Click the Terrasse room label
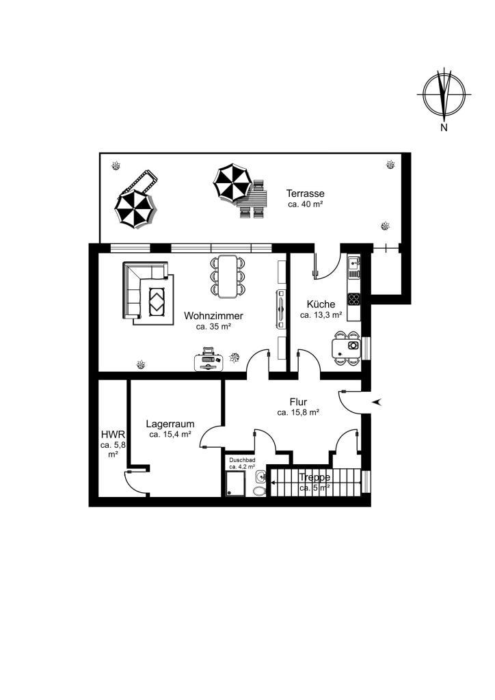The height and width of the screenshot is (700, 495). click(x=306, y=193)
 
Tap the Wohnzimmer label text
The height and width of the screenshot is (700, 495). click(x=213, y=316)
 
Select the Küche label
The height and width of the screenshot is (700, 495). click(x=321, y=304)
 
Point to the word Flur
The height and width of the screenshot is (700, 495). click(x=297, y=402)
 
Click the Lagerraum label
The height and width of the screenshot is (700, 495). click(x=170, y=424)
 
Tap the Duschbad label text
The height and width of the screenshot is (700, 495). click(x=242, y=460)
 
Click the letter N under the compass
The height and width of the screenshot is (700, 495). click(x=444, y=128)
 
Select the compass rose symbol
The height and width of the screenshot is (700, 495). click(x=444, y=94)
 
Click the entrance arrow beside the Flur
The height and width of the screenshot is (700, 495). click(x=377, y=402)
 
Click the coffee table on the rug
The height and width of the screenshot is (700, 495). click(x=157, y=301)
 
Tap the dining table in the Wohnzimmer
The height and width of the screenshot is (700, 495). click(x=228, y=276)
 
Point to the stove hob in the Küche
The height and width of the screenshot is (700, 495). click(x=354, y=299)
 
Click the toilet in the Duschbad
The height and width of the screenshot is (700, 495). click(x=259, y=491)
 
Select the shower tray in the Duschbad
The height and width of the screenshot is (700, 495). click(x=236, y=485)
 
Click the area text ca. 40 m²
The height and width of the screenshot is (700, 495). click(x=306, y=204)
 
